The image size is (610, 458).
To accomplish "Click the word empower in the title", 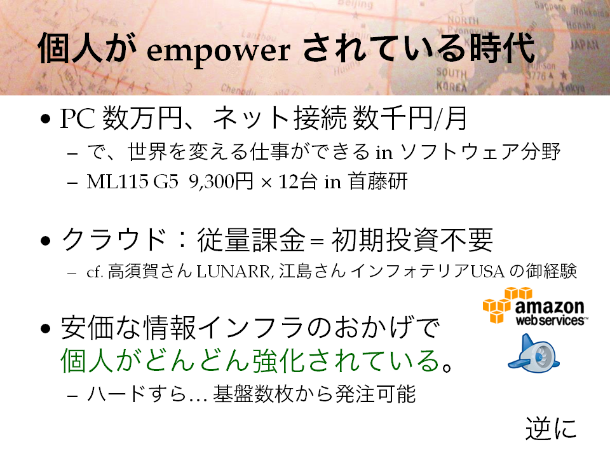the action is pos(218,52).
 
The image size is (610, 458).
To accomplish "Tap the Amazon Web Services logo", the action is pos(535,306).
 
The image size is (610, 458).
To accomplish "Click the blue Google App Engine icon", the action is pos(533,354).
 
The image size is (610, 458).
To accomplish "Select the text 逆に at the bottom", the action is pos(551,429).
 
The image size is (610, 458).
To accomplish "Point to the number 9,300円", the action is pos(221,181).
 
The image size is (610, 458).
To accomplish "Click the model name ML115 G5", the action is pos(132,181).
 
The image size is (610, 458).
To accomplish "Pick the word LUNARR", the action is pos(233,272).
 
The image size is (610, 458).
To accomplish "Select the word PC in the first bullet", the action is pos(77,118).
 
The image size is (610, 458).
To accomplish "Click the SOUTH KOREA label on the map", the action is pos(451,80).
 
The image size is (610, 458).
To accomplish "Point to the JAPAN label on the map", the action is pos(584,45).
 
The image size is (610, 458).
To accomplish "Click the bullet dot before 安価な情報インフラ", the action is pos(46,328).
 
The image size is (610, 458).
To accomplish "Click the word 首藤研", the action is pos(377,181).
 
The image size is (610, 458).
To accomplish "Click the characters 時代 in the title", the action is pos(502,49).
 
